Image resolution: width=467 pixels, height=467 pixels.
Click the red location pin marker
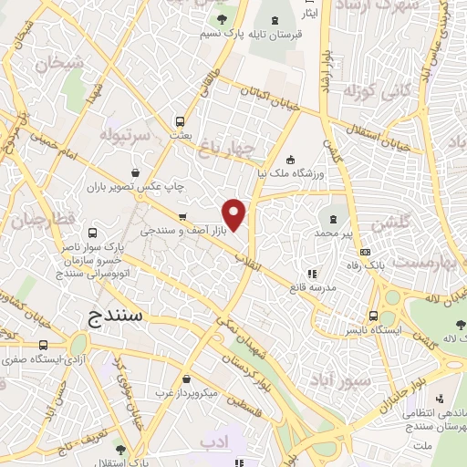click(x=235, y=215)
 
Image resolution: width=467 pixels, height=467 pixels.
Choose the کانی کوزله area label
click(x=368, y=92)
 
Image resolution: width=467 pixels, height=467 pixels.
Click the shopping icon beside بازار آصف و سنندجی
click(x=182, y=217)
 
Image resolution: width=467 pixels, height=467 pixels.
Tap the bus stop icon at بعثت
click(x=180, y=120)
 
